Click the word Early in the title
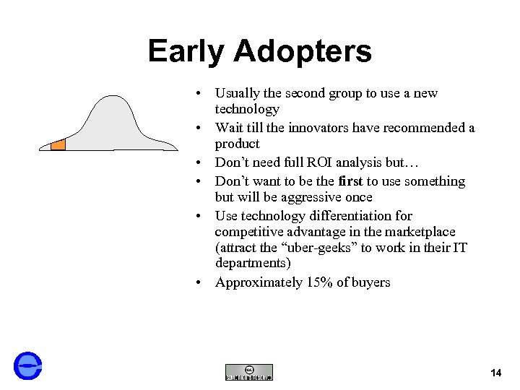click(186, 51)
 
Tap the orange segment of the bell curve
click(58, 144)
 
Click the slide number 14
click(495, 373)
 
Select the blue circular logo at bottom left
click(28, 365)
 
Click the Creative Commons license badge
click(249, 372)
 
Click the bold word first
click(351, 181)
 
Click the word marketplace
click(418, 231)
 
